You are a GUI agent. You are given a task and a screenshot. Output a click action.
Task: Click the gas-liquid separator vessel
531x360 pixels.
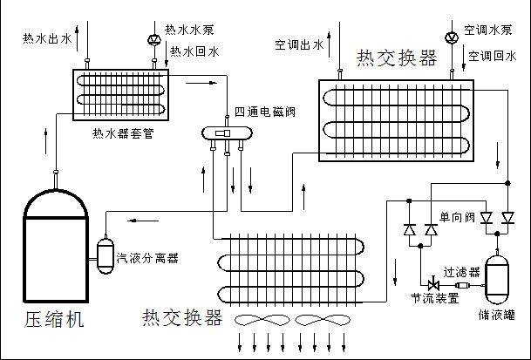point(106,253)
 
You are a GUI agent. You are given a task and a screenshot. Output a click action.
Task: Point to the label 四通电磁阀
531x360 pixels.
point(267,113)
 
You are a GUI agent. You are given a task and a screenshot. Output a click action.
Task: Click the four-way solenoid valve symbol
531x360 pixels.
point(227,132)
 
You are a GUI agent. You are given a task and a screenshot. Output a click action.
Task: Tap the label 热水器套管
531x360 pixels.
point(123,133)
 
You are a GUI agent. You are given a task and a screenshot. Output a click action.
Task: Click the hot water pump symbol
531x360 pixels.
point(153,40)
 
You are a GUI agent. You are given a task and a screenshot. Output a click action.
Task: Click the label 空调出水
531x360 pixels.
point(299,44)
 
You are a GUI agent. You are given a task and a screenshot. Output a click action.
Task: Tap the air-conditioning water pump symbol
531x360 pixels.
point(451,37)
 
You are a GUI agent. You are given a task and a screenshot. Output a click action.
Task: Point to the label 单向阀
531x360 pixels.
point(456,215)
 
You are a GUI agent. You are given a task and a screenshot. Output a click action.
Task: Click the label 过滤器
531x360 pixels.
point(460,272)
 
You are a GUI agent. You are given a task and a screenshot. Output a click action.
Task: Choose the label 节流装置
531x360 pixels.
point(434,298)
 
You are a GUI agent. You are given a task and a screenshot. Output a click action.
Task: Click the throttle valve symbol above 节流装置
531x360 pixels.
point(433,285)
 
